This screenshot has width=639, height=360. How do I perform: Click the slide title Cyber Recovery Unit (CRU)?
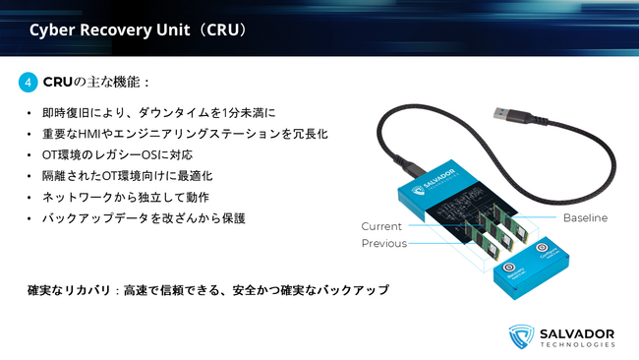tap(139, 30)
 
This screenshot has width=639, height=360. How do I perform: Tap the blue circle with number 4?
tap(29, 82)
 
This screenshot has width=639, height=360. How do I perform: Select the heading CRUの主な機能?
tap(98, 82)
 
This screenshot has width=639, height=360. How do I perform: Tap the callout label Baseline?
tap(585, 217)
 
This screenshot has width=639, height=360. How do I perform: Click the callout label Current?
tap(381, 226)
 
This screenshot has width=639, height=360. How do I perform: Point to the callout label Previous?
tap(383, 243)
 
